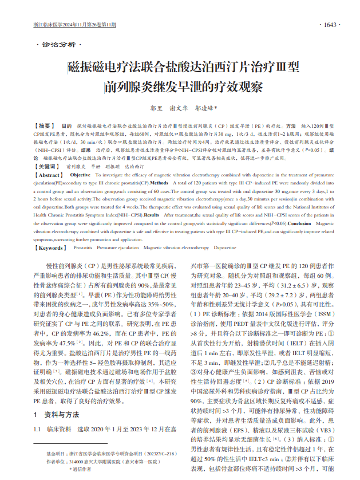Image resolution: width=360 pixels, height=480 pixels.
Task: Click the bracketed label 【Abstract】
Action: click(x=50, y=175)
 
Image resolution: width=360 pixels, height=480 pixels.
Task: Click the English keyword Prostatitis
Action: click(x=83, y=248)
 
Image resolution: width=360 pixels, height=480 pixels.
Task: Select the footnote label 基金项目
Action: click(x=56, y=453)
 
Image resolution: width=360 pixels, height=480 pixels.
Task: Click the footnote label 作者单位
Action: click(x=56, y=461)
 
